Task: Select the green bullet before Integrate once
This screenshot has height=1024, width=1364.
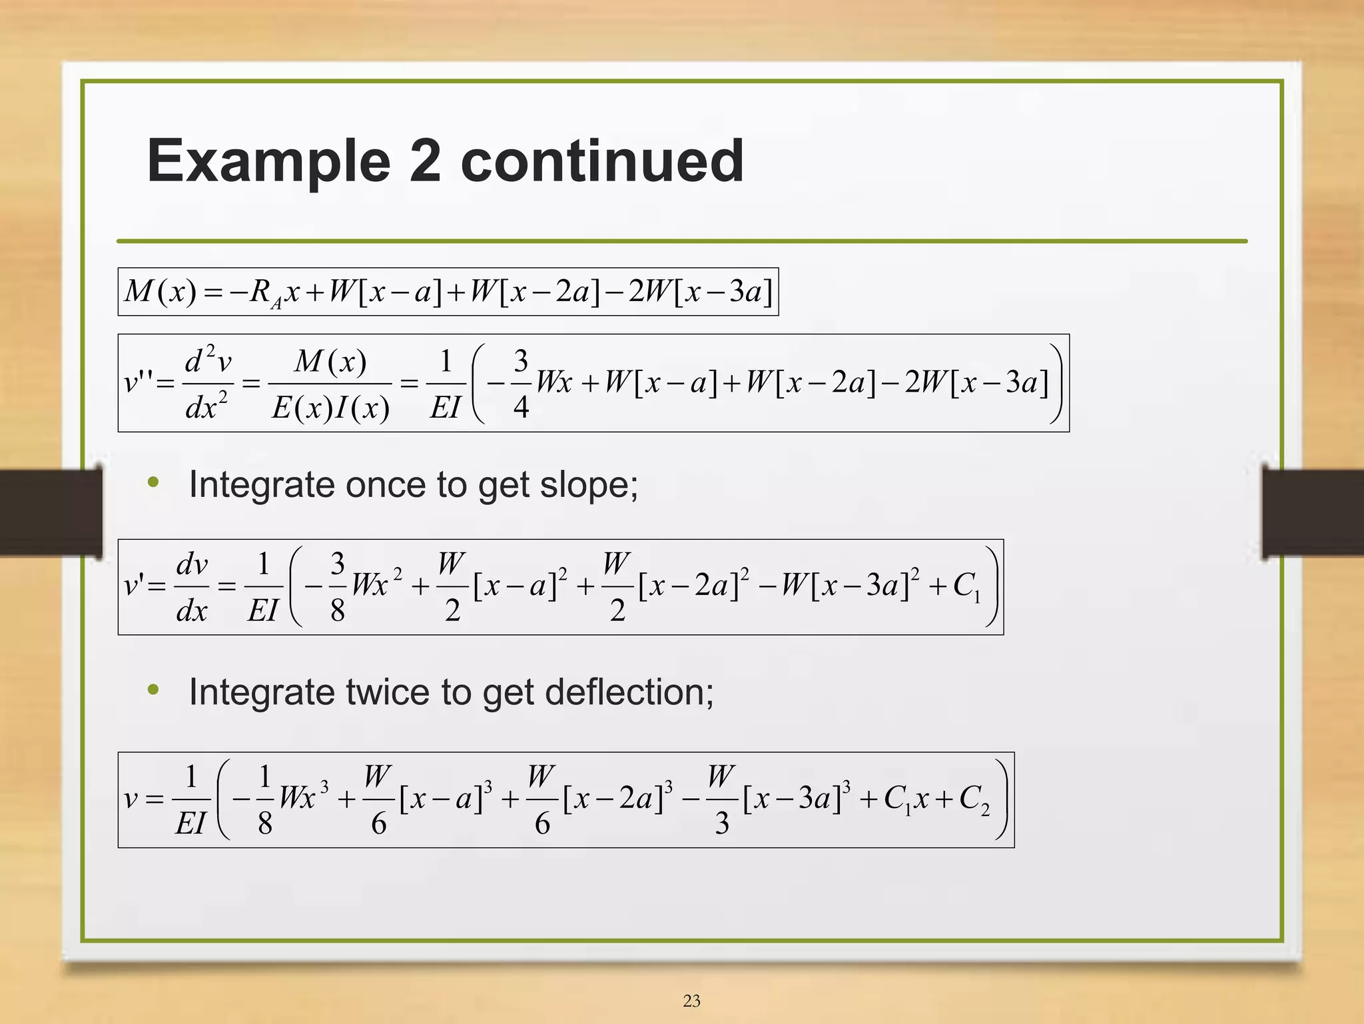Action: pos(153,482)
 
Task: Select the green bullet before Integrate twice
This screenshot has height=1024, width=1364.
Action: pos(153,690)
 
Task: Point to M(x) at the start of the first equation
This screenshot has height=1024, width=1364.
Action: pos(160,292)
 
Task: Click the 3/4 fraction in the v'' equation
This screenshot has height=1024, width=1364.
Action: pos(520,384)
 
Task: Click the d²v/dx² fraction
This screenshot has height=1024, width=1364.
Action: pos(207,384)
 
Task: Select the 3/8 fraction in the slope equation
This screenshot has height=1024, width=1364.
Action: pos(337,587)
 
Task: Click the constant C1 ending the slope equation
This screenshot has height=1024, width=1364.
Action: pos(966,587)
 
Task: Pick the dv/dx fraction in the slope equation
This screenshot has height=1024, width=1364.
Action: pos(192,587)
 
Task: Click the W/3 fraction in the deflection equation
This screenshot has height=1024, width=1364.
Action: pos(721,799)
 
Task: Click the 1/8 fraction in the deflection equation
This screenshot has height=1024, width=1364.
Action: pos(264,799)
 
